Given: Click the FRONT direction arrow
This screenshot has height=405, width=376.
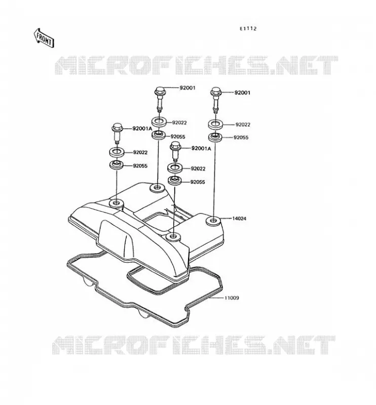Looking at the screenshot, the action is (44, 38).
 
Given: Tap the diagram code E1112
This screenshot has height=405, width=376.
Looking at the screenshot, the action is (248, 29).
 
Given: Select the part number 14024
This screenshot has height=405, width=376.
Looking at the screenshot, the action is (239, 219).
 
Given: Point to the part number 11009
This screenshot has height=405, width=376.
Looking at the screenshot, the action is (232, 298).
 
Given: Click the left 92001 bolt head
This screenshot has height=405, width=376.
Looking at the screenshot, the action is (160, 91).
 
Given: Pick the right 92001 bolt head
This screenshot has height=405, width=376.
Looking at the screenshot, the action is (215, 91).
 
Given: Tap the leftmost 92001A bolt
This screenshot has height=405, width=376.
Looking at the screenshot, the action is (117, 134).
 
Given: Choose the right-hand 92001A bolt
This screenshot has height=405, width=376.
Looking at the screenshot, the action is (175, 151).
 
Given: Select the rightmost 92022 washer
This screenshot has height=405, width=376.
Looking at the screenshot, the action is (216, 124).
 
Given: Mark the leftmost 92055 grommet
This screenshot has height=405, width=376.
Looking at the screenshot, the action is (117, 165).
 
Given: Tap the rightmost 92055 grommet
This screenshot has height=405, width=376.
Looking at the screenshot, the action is (215, 137).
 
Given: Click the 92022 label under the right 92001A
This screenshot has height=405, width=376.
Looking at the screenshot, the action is (198, 169).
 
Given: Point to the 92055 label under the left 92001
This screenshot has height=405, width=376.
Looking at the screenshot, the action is (178, 137).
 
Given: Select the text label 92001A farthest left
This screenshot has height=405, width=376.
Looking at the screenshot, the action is (142, 129).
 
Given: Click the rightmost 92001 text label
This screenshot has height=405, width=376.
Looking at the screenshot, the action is (242, 93).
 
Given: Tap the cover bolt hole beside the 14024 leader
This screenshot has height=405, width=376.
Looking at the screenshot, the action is (213, 221).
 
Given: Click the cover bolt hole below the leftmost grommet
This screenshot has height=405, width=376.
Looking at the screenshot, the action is (117, 204).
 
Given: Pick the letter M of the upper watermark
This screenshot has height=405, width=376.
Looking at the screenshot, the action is (66, 66).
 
